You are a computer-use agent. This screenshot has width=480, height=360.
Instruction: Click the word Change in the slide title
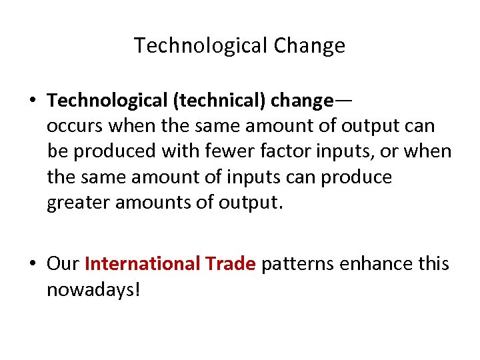(x=309, y=45)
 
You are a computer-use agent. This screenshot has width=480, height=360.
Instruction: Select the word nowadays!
(x=93, y=290)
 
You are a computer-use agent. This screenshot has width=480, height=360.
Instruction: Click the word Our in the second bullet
(x=63, y=264)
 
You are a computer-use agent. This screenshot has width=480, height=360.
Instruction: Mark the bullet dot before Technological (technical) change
(x=32, y=101)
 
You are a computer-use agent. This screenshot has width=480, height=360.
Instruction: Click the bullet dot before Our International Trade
(x=32, y=265)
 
